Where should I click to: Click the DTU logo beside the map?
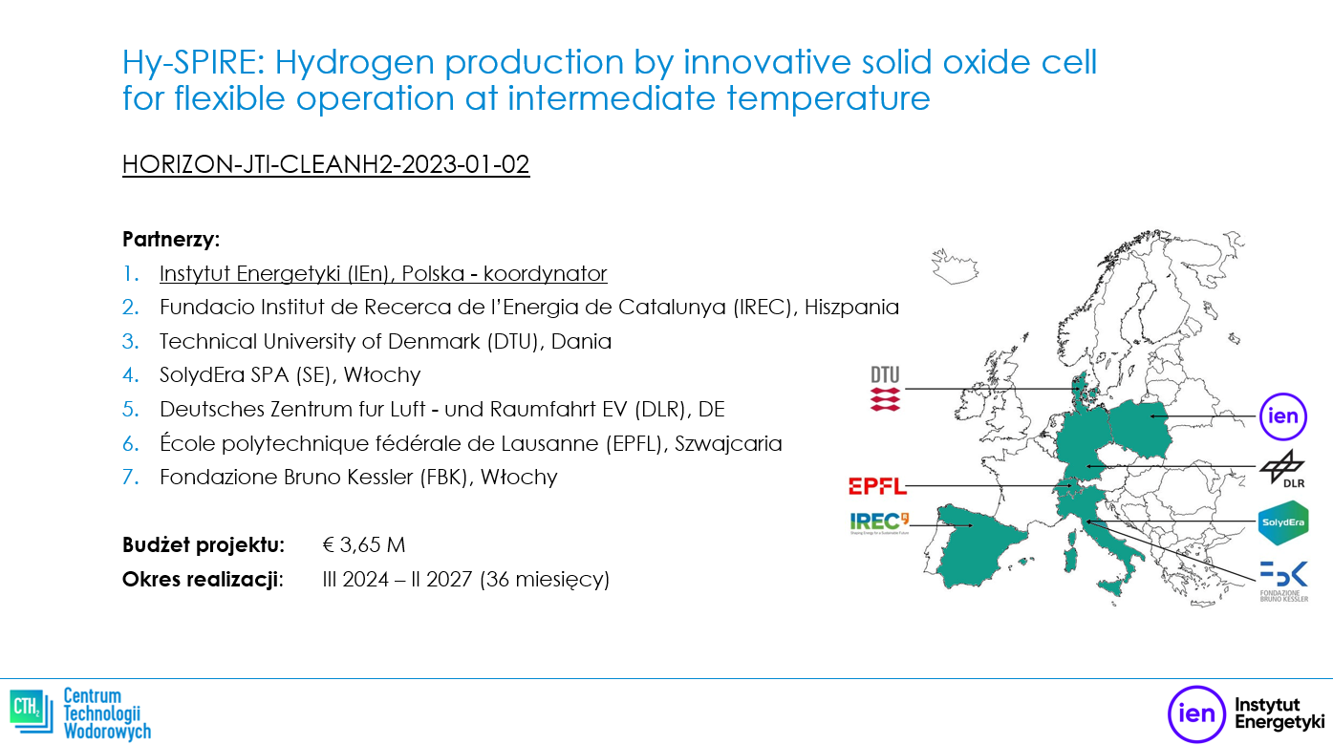[885, 389]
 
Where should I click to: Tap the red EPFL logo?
[877, 486]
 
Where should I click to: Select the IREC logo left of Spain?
[879, 523]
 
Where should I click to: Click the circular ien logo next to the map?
[1283, 416]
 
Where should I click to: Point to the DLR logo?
[1282, 469]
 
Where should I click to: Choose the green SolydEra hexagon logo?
[1283, 522]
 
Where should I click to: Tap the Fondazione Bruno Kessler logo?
[1284, 581]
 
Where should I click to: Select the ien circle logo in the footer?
[1196, 713]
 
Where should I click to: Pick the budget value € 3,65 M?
[364, 544]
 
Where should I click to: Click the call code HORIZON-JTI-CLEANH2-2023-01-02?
[326, 164]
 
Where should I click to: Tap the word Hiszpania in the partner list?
[851, 307]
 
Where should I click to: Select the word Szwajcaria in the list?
[728, 443]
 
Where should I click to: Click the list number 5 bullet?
[130, 410]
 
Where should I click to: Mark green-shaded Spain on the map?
[976, 547]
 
